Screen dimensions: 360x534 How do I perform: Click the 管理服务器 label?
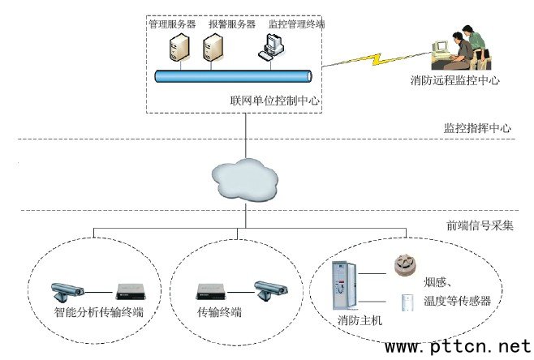tap(171, 24)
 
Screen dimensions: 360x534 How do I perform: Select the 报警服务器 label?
tap(231, 24)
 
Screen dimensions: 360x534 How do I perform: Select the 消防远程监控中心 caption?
tap(454, 80)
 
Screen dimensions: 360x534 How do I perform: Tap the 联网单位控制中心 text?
tap(275, 102)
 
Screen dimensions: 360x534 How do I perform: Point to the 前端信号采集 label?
tap(479, 226)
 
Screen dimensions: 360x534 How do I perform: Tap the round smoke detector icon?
tap(403, 264)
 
